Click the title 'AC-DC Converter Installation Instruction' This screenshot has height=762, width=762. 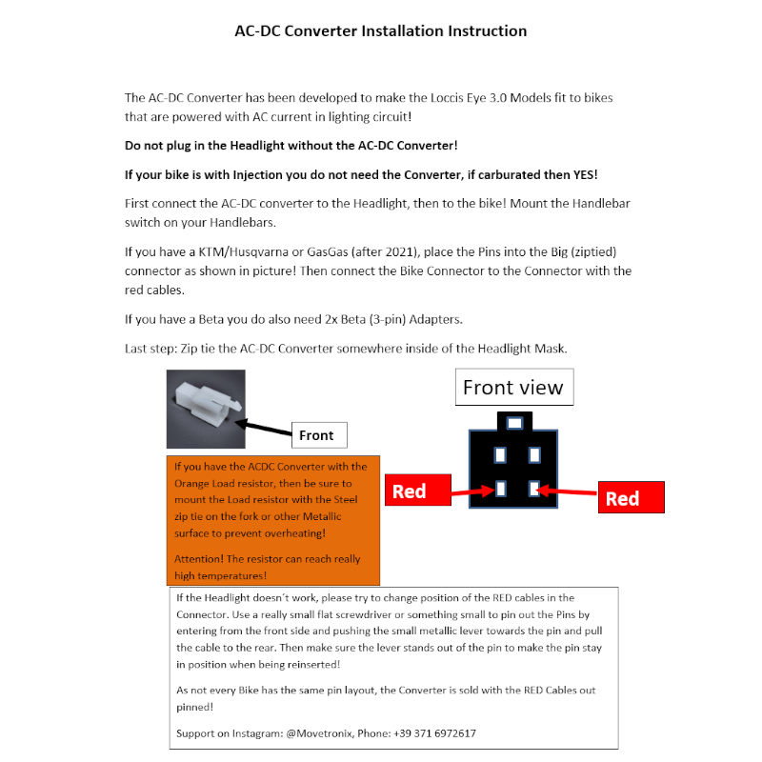click(x=380, y=30)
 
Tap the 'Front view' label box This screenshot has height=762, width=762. click(x=512, y=387)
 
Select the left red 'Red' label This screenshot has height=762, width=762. click(x=409, y=491)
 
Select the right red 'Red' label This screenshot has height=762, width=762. click(x=622, y=498)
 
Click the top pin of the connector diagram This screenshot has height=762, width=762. click(x=514, y=421)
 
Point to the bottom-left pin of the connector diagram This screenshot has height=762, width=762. click(x=499, y=491)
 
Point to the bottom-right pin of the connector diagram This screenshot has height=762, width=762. click(x=534, y=491)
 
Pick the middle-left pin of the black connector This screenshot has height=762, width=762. click(x=499, y=454)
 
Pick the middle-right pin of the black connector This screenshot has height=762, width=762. click(x=534, y=454)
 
